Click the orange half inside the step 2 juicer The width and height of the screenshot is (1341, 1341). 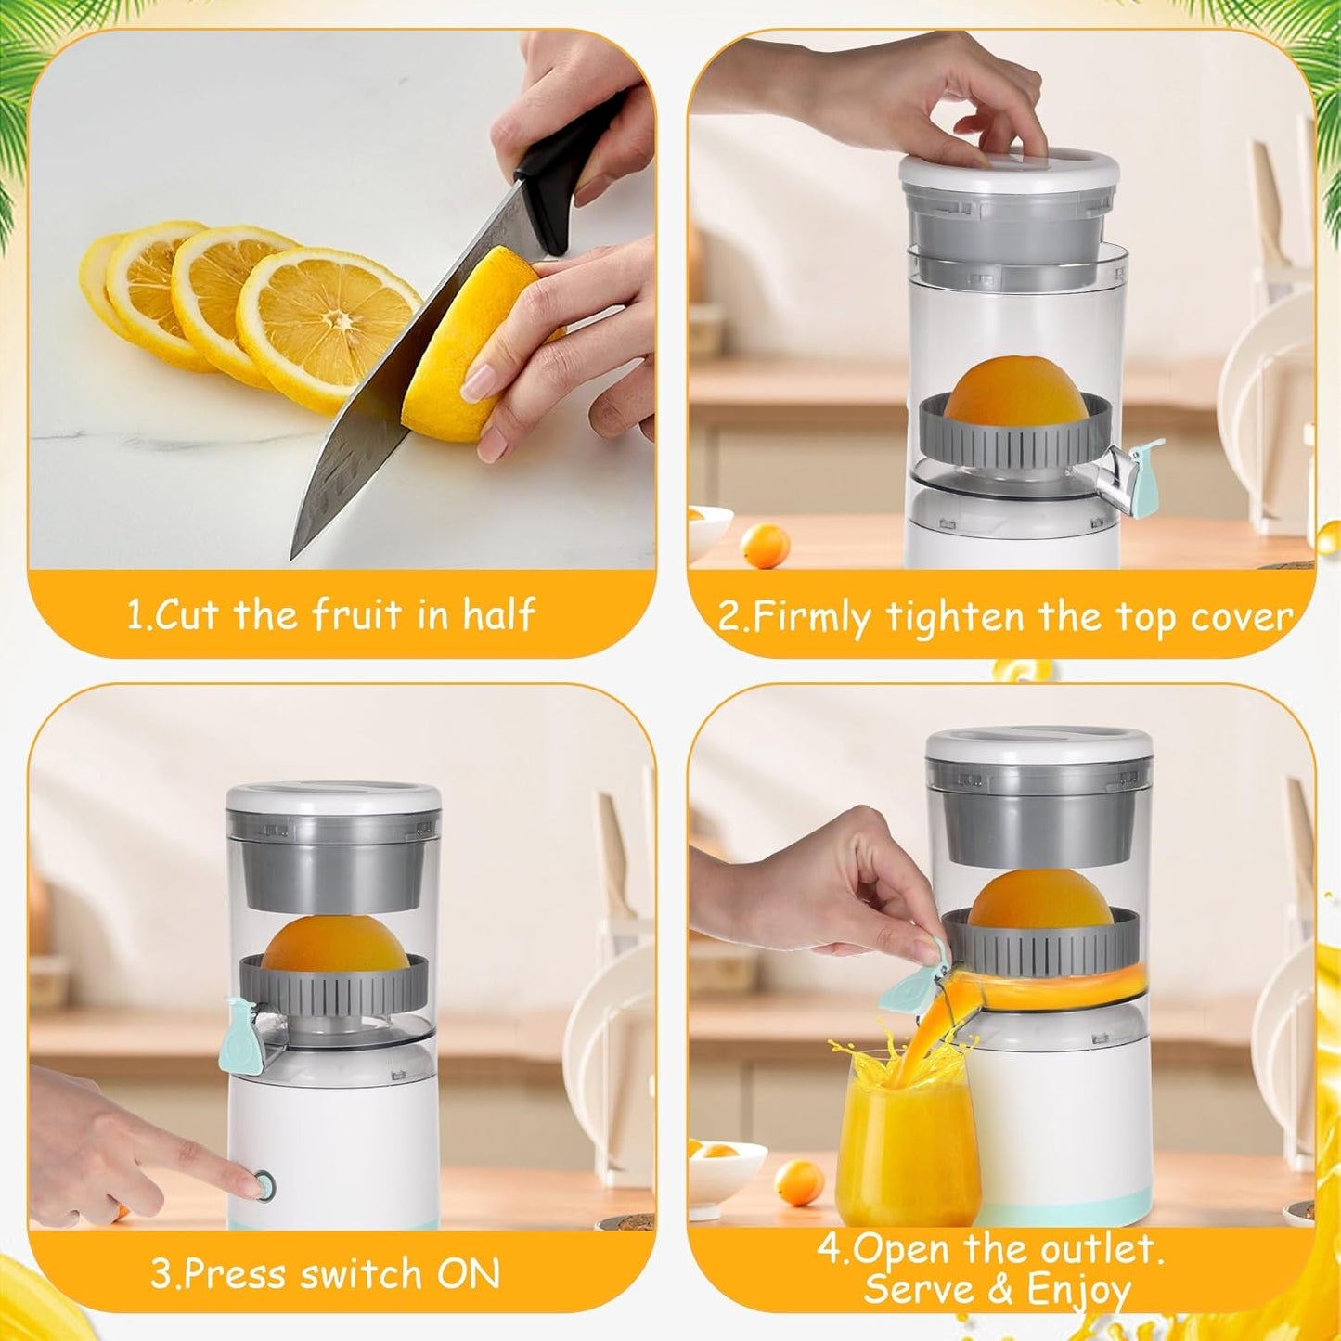tap(1016, 394)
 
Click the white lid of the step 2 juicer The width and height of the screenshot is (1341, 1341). tap(1009, 169)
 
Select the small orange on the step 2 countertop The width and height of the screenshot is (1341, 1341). tap(766, 545)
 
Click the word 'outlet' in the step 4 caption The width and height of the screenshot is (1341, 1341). tap(1102, 1250)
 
